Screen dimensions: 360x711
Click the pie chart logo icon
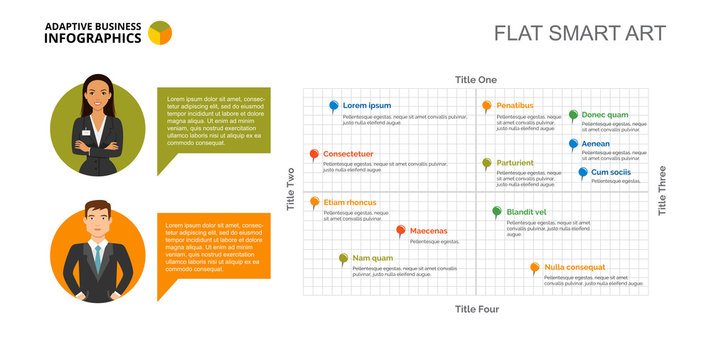pos(159,34)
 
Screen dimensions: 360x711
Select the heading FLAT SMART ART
pos(580,33)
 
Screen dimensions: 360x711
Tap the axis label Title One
pos(475,80)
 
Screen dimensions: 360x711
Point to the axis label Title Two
pos(291,189)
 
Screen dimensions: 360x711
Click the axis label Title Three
pos(662,190)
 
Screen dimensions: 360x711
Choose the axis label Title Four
pos(476,309)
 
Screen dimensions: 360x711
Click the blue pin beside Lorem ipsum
pos(334,105)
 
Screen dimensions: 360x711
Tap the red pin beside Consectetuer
pos(314,155)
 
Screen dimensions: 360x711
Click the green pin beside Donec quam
pos(573,115)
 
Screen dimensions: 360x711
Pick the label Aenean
pos(595,144)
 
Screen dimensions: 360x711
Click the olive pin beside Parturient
pos(487,163)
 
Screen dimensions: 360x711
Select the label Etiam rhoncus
pos(349,203)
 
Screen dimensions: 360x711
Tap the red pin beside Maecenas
pos(401,231)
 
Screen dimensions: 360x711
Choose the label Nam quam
pos(372,258)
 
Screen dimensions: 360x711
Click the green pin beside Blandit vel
pos(497,212)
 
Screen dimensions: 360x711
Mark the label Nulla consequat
pos(575,267)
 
